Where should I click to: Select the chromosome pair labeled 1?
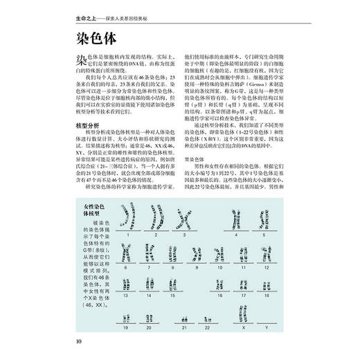[129, 219]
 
